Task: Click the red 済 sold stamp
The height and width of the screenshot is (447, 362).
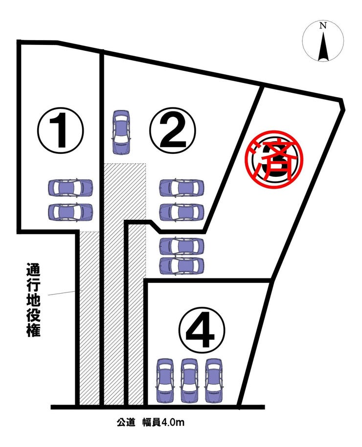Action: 274,160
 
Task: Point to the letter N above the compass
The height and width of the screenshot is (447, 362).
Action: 322,26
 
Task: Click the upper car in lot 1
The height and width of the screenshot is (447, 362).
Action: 70,187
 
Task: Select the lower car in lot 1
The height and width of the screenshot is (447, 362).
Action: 70,211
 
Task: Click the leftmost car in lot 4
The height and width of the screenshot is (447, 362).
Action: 165,380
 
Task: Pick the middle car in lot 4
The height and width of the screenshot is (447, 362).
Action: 189,380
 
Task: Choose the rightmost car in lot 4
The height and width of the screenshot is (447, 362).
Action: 213,380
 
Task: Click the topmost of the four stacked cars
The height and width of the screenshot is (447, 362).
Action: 182,188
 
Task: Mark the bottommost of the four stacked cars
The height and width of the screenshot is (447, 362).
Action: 182,265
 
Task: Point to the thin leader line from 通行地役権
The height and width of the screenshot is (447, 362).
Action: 61,293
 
